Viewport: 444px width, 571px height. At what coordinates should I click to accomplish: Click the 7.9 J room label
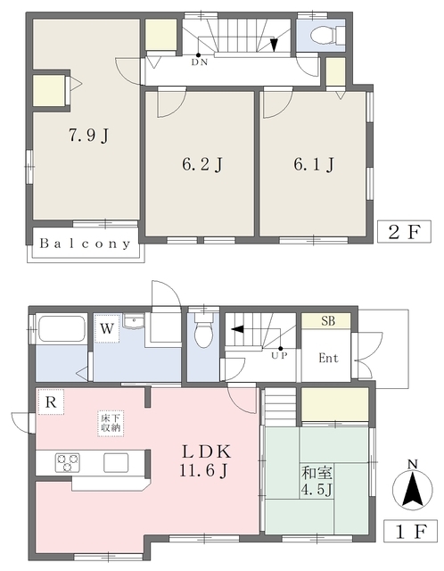[x=89, y=136]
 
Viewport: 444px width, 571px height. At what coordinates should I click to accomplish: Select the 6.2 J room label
[x=201, y=164]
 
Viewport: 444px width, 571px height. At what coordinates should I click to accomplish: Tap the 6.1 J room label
[x=314, y=164]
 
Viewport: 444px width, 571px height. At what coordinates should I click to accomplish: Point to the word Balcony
[x=85, y=244]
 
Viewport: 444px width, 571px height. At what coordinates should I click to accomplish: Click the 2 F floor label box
[x=405, y=231]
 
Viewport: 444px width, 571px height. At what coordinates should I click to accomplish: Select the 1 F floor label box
[x=411, y=532]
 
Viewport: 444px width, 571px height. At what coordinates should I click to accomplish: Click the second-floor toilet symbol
[x=327, y=35]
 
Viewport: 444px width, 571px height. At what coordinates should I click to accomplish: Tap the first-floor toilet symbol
[x=202, y=329]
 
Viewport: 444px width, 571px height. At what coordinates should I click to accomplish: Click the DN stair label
[x=200, y=62]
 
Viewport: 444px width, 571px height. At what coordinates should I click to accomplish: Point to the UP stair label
[x=279, y=355]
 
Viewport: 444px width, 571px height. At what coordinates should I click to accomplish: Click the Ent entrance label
[x=328, y=358]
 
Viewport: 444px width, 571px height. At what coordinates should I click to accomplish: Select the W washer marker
[x=107, y=329]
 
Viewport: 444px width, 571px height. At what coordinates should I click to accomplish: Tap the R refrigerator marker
[x=51, y=402]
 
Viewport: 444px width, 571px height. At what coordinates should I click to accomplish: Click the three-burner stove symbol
[x=68, y=462]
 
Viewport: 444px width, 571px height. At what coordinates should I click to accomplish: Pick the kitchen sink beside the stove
[x=116, y=462]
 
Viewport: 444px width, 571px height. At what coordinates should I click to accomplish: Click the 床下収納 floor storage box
[x=111, y=424]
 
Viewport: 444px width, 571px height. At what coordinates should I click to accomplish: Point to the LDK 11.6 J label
[x=206, y=461]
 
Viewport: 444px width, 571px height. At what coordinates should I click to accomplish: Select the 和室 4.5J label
[x=317, y=482]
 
